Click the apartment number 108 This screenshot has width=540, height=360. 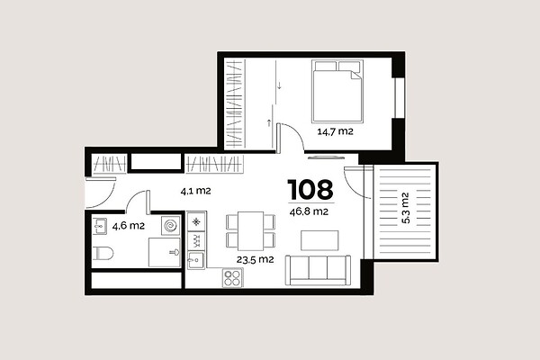(310, 190)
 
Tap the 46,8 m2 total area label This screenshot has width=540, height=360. (309, 211)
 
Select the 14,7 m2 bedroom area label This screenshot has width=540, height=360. (335, 131)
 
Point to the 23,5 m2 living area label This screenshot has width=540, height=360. (255, 259)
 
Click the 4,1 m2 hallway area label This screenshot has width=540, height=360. (195, 191)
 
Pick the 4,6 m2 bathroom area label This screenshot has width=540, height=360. (129, 226)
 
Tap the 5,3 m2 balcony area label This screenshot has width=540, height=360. (406, 208)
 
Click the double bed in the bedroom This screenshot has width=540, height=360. (337, 91)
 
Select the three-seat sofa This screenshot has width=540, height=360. (318, 270)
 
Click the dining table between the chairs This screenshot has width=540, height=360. (251, 231)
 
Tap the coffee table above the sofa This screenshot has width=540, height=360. (319, 240)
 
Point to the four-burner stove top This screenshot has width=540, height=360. (232, 278)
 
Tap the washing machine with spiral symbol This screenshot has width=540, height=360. (170, 226)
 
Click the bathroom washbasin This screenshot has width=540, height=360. (99, 226)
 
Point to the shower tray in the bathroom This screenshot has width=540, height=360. (165, 252)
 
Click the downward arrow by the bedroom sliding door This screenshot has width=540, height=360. (280, 85)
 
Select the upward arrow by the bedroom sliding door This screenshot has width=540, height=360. (269, 122)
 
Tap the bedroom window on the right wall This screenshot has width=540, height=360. (399, 98)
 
